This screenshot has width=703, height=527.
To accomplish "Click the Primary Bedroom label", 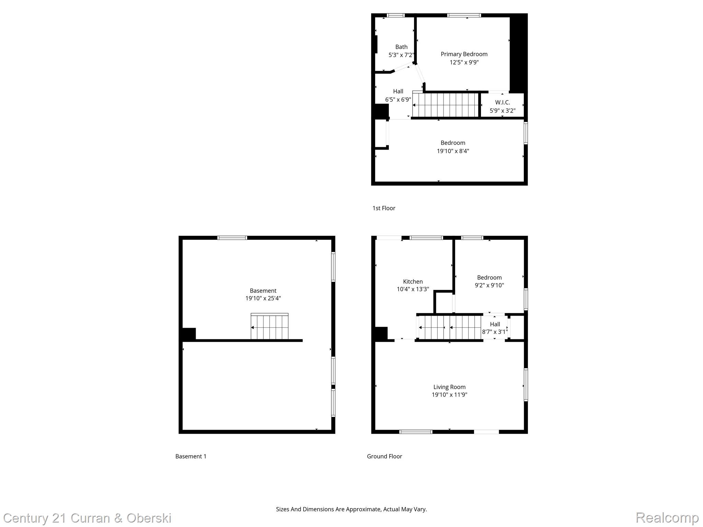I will pyautogui.click(x=464, y=54).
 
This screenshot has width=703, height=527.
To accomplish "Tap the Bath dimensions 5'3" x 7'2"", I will pyautogui.click(x=401, y=55).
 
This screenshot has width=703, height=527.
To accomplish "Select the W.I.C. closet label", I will pyautogui.click(x=502, y=102).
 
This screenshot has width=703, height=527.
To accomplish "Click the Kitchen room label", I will pyautogui.click(x=413, y=281).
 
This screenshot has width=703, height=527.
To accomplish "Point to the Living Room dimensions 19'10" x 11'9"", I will pyautogui.click(x=449, y=395).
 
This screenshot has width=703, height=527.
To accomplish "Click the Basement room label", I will pyautogui.click(x=263, y=291).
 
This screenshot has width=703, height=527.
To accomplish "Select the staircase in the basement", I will pyautogui.click(x=269, y=327).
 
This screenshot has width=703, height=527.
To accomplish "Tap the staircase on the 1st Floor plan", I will pyautogui.click(x=446, y=105).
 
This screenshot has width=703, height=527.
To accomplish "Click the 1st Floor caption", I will pyautogui.click(x=384, y=208).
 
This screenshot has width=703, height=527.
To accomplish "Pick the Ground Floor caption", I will pyautogui.click(x=384, y=456).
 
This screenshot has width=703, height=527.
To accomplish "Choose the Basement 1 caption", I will pyautogui.click(x=191, y=456).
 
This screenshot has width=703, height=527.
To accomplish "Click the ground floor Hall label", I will pyautogui.click(x=495, y=324).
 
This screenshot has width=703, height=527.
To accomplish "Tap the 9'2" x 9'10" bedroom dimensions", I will pyautogui.click(x=489, y=285).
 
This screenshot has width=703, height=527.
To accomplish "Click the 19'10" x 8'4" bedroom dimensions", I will pyautogui.click(x=453, y=151).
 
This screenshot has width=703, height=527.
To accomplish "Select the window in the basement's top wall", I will pyautogui.click(x=232, y=238).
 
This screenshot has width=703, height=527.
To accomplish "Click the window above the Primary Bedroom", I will pyautogui.click(x=464, y=15).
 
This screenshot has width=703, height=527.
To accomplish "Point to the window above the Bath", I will pyautogui.click(x=395, y=15).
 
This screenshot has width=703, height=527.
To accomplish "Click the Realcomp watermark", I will pyautogui.click(x=667, y=517).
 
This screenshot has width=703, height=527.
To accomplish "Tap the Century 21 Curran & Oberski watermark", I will pyautogui.click(x=87, y=518).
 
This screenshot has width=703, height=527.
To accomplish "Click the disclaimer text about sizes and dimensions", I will pyautogui.click(x=351, y=509).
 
